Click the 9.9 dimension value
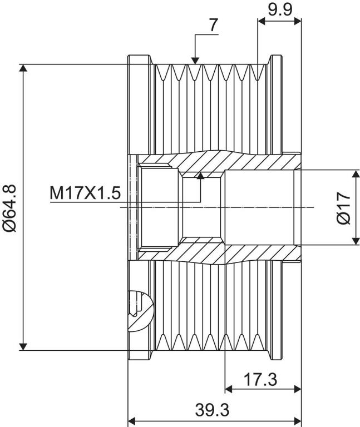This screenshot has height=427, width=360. (x=280, y=9)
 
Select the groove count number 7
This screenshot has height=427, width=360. (x=214, y=26)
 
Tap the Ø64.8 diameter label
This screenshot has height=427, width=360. (x=10, y=208)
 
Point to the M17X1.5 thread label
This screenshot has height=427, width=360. (x=85, y=193)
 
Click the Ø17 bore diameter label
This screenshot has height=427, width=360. (x=343, y=208)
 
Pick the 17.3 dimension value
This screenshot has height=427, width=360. (x=260, y=380)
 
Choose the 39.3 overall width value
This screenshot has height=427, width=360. (x=213, y=410)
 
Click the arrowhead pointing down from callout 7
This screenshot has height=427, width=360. (x=195, y=61)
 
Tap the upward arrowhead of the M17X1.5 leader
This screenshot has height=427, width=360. (x=200, y=175)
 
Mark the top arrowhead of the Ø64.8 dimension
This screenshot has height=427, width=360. (x=23, y=68)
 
